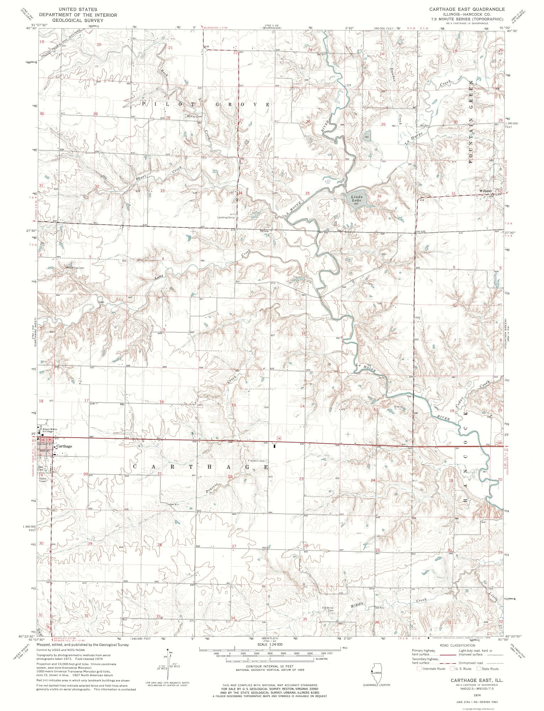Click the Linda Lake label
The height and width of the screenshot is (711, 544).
(357, 198)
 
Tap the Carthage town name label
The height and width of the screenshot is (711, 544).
(64, 446)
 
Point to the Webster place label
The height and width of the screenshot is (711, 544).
(486, 191)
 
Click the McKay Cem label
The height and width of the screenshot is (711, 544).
(194, 116)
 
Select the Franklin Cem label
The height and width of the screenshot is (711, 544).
(257, 461)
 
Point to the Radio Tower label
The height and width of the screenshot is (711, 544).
(43, 480)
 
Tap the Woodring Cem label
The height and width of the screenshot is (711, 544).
(74, 267)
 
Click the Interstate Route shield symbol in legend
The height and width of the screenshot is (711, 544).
(420, 668)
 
